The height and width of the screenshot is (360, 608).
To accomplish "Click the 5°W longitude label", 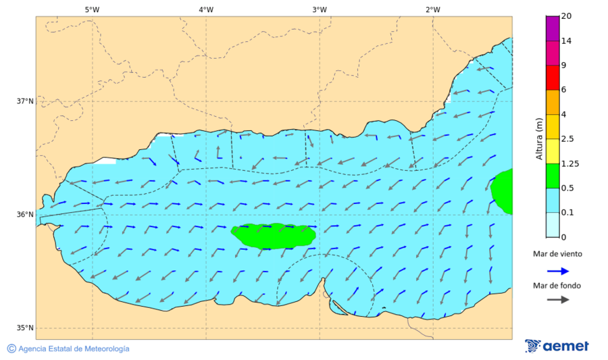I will click(x=93, y=9).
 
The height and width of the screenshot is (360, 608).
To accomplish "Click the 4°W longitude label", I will click(x=206, y=9).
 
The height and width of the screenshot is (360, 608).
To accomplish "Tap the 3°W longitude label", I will click(x=320, y=9).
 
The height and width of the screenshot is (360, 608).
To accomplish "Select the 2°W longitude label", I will click(x=433, y=9).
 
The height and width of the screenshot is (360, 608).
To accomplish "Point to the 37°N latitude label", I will click(x=25, y=101).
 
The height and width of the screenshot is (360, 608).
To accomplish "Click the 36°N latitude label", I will click(x=25, y=215).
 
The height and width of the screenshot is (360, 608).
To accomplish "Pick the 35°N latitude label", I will click(x=25, y=328).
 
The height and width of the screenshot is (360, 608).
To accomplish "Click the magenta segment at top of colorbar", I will click(x=552, y=28).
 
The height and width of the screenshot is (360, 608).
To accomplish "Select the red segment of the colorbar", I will click(x=552, y=77).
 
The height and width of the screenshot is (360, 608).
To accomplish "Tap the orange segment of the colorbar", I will click(x=552, y=102).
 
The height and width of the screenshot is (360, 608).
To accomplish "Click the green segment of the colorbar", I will click(x=552, y=176).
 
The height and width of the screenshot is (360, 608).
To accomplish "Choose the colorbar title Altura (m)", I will click(x=539, y=138).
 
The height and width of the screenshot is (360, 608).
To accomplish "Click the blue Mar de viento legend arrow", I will click(x=557, y=270).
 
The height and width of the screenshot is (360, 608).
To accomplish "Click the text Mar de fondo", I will click(x=557, y=285).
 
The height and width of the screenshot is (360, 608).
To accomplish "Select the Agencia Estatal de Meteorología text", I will click(x=74, y=349).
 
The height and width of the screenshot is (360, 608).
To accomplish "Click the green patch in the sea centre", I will click(x=274, y=236).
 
